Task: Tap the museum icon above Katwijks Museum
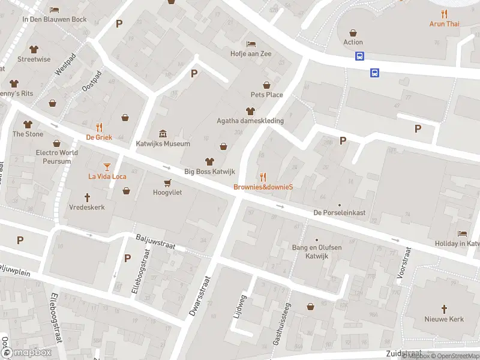tap(163, 133)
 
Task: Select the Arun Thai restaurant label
tap(444, 24)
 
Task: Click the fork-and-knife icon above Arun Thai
tap(444, 13)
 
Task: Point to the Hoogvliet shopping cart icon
tap(167, 182)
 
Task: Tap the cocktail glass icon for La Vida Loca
tap(107, 166)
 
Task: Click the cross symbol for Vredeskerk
tap(87, 197)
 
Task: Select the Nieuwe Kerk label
tap(445, 319)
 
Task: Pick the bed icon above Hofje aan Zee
tap(251, 44)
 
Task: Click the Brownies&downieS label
tap(263, 187)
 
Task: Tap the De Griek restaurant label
tap(99, 137)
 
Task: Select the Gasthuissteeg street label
tap(282, 324)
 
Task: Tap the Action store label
tap(353, 43)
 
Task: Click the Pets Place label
tap(266, 95)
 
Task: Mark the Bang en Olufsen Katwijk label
tap(317, 251)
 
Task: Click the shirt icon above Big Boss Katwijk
tap(209, 161)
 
